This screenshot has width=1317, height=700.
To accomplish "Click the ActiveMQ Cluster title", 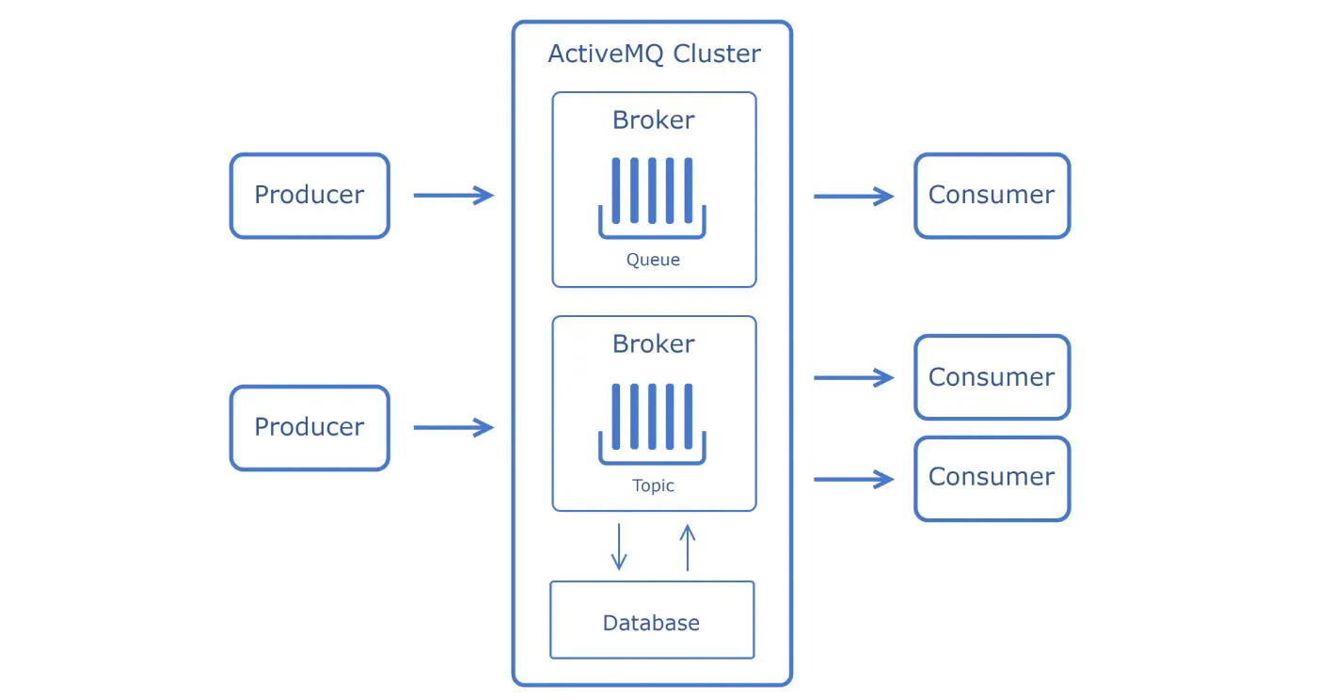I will point(654,54).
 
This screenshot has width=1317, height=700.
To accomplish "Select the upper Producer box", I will point(309,196).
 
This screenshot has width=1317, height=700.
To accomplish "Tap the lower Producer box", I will point(309,427).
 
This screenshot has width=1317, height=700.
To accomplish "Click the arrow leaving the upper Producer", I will point(453,196).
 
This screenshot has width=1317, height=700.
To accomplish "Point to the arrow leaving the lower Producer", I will point(453,428).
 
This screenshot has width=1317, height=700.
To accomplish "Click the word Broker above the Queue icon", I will point(654,120).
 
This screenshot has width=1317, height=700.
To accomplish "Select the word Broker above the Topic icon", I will point(654,344).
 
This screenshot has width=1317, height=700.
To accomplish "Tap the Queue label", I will point(653,260).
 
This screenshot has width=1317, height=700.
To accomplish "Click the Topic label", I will point(653,486).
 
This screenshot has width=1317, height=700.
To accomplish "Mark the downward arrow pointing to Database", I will point(618,547).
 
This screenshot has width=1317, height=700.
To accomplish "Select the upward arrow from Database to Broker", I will point(688,548).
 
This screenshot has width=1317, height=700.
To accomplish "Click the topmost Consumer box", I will point(992,196).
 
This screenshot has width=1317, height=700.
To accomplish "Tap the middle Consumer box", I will point(992,377).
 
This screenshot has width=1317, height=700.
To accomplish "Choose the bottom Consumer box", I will point(992,478).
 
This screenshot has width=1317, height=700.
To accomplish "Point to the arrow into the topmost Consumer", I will point(853,197).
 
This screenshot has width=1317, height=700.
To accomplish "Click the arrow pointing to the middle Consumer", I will point(853,378).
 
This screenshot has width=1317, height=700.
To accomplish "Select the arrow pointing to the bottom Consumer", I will point(853,480).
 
